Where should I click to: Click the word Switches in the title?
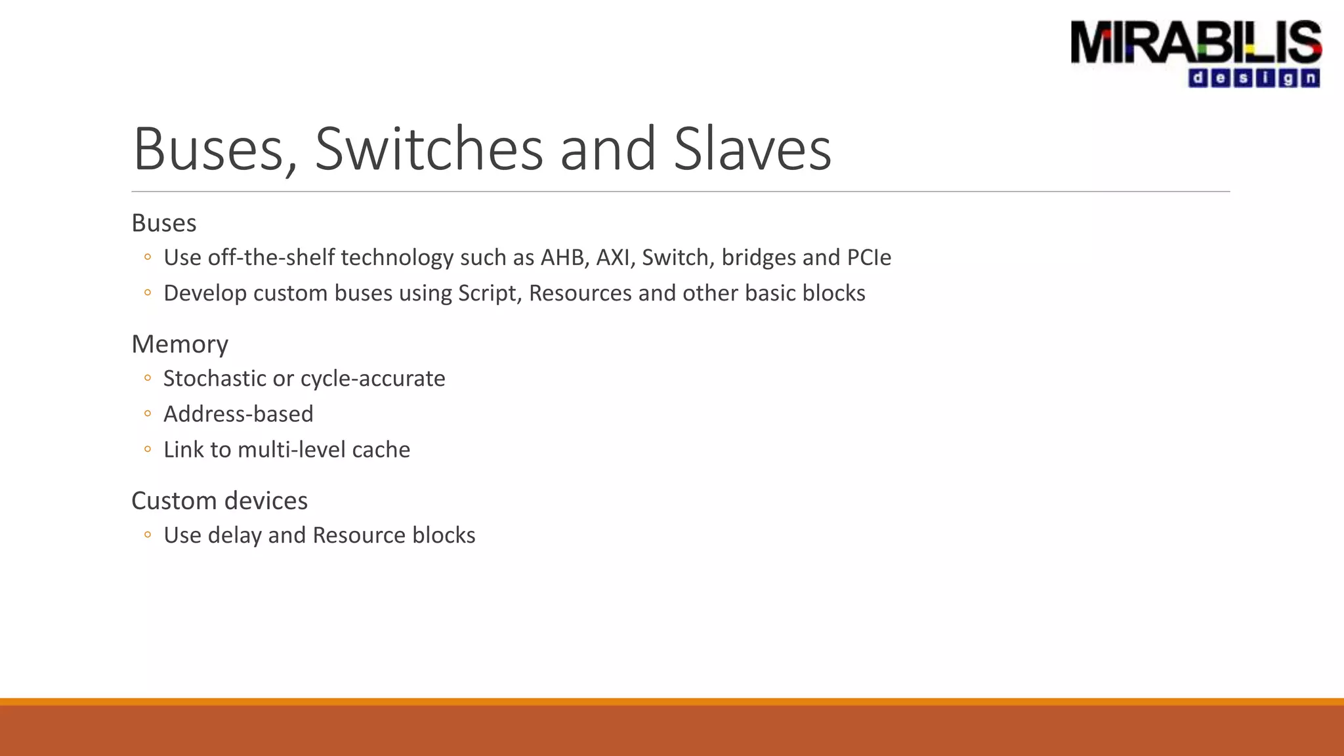tap(429, 150)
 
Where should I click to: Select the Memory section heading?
tap(180, 344)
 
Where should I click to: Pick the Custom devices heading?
tap(219, 501)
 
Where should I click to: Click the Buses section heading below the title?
tap(164, 223)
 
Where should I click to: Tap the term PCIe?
tap(869, 257)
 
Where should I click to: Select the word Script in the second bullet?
tap(490, 293)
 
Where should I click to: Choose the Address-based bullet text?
tap(238, 414)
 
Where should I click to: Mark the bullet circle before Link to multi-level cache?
tap(148, 450)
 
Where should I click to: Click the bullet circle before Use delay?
tap(148, 535)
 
